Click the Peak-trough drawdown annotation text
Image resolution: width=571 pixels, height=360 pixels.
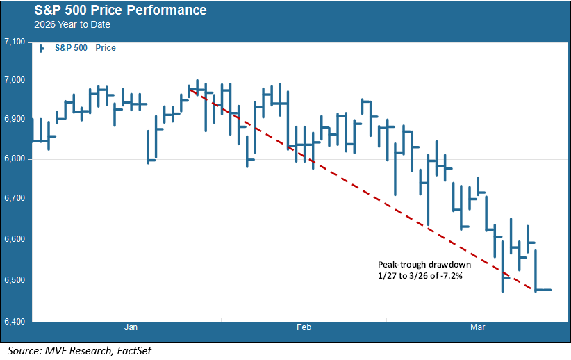pyautogui.click(x=424, y=265)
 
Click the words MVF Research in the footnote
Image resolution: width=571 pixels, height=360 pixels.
pyautogui.click(x=69, y=350)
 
